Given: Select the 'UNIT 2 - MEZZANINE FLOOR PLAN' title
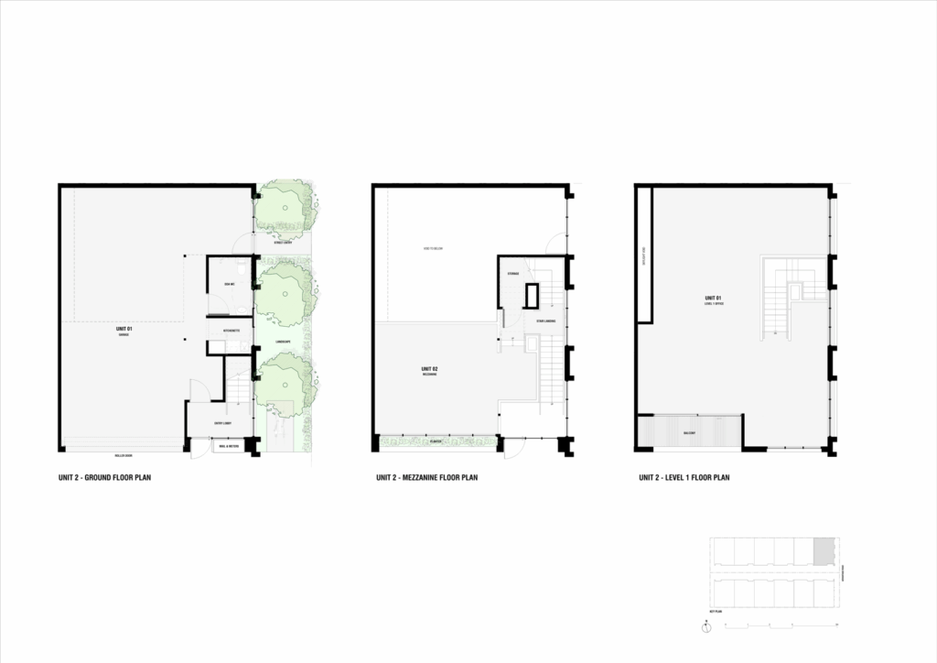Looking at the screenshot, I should (426, 478).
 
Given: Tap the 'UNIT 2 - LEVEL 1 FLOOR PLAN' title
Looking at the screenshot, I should (684, 478).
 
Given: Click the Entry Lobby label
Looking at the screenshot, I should (221, 423).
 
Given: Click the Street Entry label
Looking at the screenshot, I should (283, 243).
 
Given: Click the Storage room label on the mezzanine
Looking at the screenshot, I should (513, 273).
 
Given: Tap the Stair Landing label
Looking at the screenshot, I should (547, 321).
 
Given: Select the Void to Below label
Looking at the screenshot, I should (434, 248).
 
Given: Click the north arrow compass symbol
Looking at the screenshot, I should (706, 628).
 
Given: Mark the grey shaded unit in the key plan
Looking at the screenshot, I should (824, 550).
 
